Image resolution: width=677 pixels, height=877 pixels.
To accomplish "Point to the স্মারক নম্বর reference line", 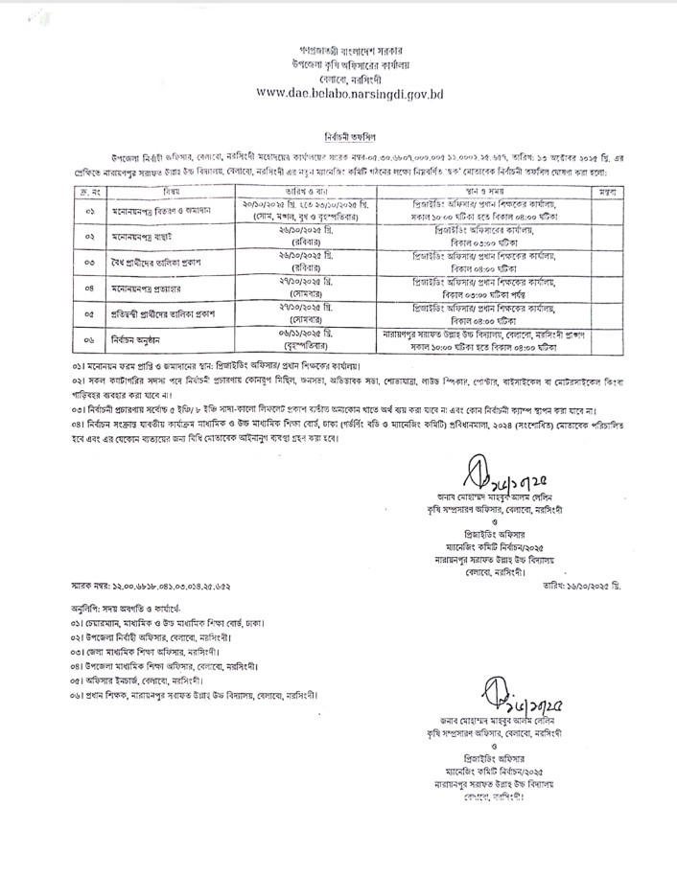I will pyautogui.click(x=145, y=583).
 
